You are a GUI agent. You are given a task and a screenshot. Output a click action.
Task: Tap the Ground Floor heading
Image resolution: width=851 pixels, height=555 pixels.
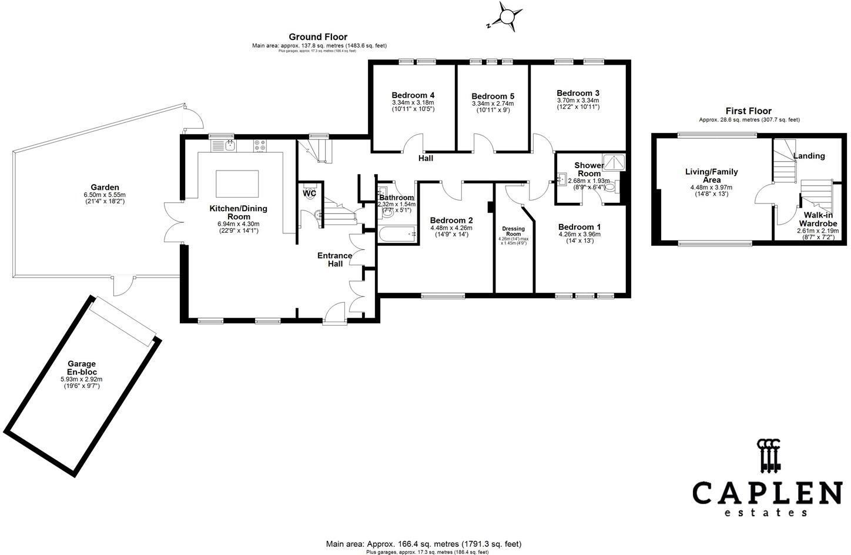click(x=318, y=37)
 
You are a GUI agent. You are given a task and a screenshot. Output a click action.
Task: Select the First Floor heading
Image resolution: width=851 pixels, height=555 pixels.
click(x=748, y=111)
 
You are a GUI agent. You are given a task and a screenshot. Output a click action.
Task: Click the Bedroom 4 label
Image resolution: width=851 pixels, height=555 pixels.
click(x=413, y=95)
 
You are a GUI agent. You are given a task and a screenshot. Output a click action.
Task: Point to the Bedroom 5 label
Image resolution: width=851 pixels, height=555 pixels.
click(x=492, y=96)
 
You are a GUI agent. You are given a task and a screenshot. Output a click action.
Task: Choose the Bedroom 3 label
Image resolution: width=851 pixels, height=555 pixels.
click(x=578, y=93)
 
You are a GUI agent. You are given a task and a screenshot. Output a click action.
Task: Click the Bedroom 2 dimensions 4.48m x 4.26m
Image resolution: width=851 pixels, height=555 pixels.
click(x=451, y=228)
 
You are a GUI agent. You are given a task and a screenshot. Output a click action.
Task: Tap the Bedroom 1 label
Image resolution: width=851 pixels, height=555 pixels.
click(x=579, y=227)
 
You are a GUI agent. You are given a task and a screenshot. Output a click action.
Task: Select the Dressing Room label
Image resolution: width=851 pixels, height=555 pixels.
click(x=513, y=231)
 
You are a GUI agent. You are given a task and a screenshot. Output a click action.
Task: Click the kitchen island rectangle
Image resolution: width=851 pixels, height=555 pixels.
click(x=237, y=184)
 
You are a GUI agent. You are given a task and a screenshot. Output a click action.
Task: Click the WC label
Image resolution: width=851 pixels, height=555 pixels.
click(x=310, y=193)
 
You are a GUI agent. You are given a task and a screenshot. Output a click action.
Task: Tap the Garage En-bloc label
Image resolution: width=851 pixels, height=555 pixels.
click(x=81, y=368)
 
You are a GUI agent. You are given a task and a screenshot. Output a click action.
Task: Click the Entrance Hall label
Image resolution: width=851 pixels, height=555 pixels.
click(x=334, y=260)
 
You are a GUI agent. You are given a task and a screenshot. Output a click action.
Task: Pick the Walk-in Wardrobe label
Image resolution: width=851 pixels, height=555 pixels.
click(x=818, y=220)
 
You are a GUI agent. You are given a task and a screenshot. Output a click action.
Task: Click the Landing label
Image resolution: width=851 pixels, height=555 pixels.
click(x=809, y=156)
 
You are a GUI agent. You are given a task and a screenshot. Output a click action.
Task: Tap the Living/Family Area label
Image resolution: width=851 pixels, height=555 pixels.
click(x=712, y=176)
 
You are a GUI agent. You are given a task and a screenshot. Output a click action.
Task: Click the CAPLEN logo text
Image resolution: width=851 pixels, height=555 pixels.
click(x=767, y=492)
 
